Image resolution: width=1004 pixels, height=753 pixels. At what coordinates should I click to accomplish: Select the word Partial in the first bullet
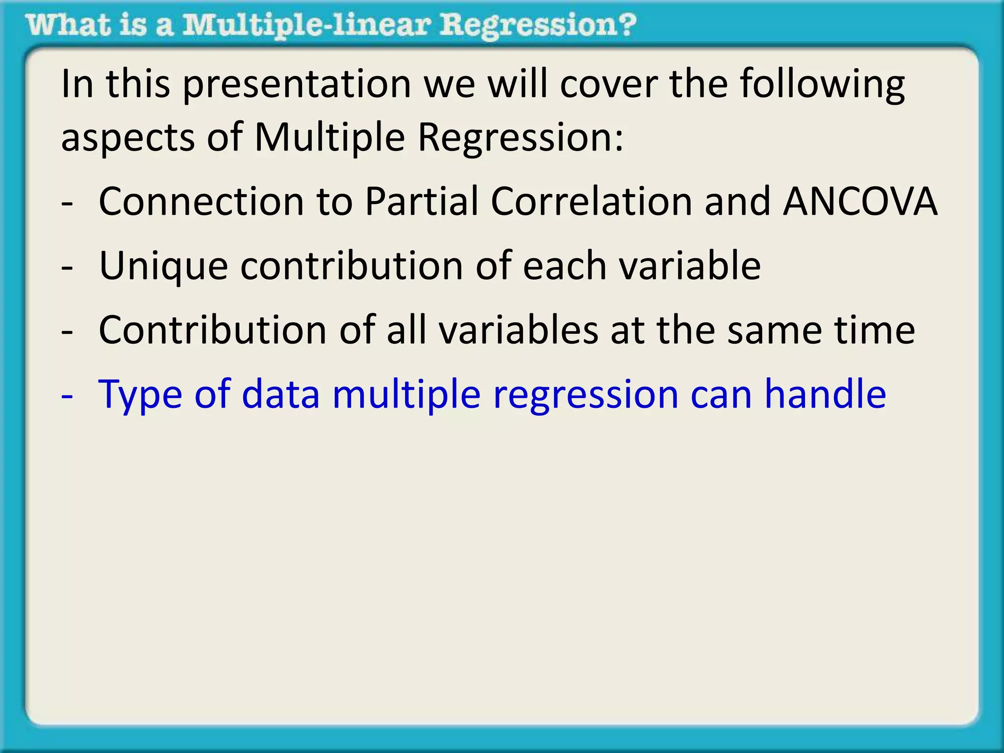[x=421, y=201]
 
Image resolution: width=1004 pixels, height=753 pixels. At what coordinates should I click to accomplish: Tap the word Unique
[x=163, y=266]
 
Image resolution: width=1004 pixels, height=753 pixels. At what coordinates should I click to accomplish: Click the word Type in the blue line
[x=140, y=395]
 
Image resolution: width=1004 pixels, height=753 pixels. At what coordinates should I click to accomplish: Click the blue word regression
[x=586, y=395]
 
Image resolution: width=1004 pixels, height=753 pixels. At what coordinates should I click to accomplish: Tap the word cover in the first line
[x=609, y=84]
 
